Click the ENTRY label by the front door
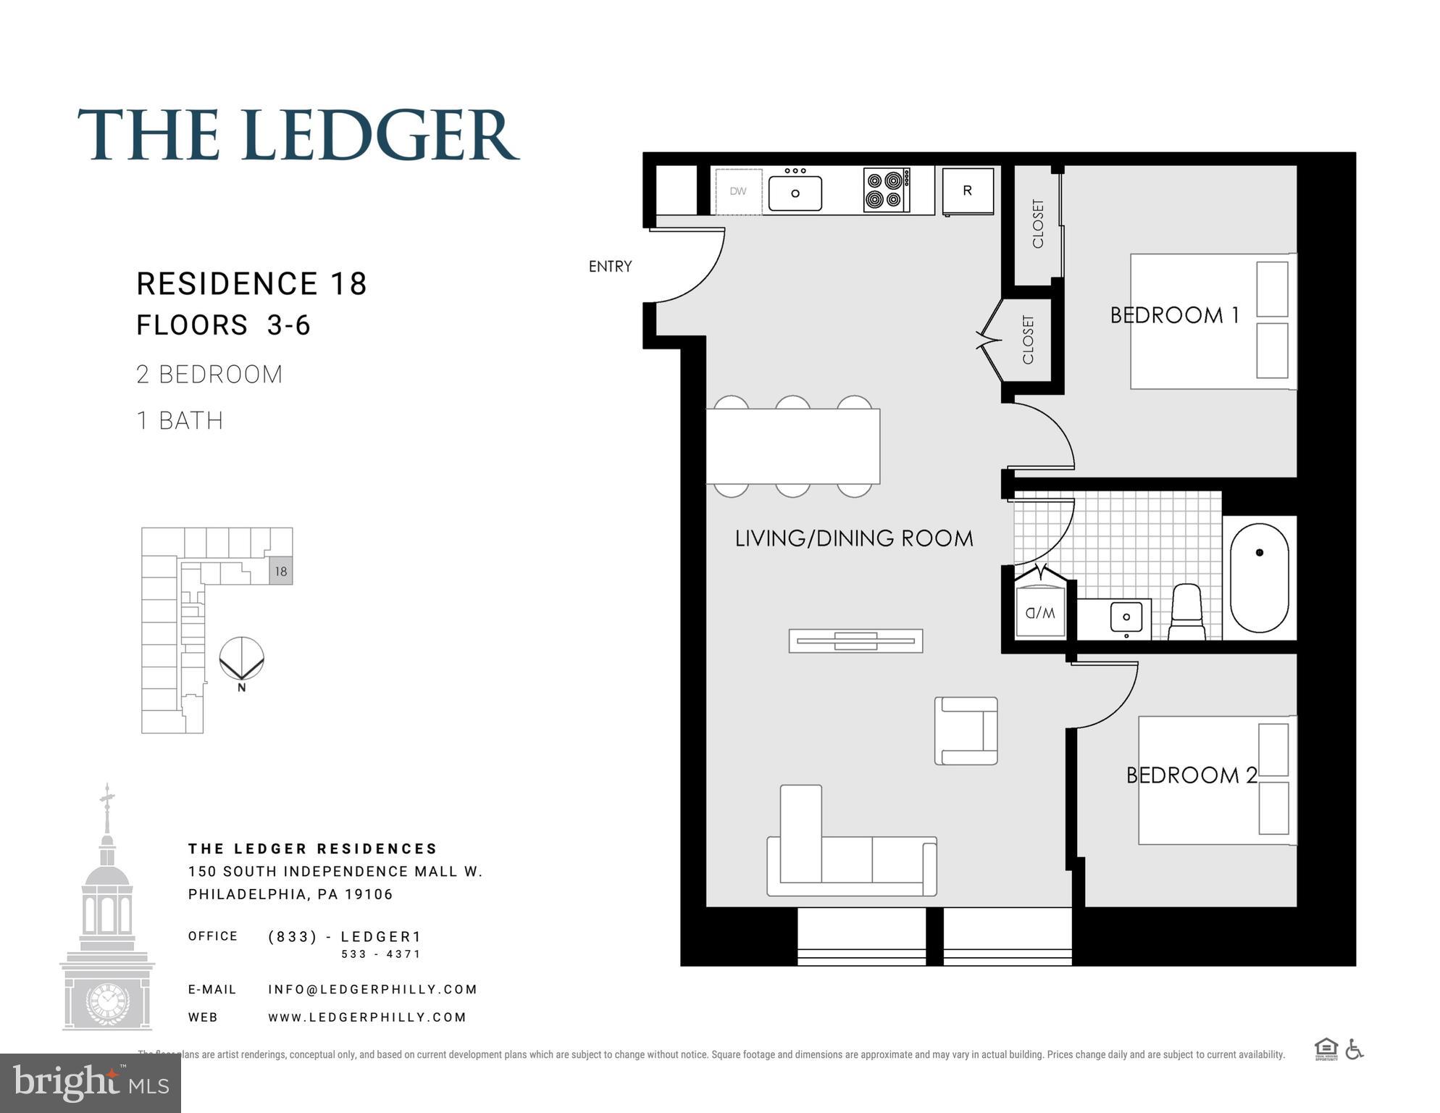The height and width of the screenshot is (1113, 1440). [610, 267]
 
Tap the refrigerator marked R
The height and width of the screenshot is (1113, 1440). [968, 191]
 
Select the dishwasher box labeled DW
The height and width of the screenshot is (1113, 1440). [738, 191]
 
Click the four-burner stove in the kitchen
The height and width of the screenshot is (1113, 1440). [887, 190]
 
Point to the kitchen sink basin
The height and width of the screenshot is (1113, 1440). [795, 193]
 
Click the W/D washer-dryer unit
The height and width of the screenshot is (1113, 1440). [1040, 612]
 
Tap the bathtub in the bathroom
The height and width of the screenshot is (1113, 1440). [1259, 578]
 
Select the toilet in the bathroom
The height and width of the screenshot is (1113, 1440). [1186, 612]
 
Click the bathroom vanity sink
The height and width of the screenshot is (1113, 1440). [1126, 617]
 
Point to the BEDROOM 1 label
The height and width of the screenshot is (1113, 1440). [1174, 315]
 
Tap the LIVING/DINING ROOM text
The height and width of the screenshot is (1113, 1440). [853, 538]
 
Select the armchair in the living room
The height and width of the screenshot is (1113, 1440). [966, 730]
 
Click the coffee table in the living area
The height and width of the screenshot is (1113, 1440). [855, 641]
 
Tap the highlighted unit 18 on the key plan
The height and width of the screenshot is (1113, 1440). [281, 571]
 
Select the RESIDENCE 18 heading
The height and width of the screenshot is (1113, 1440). [251, 284]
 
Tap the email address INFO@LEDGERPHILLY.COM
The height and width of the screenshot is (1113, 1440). [372, 989]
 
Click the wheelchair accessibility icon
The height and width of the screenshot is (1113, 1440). [1354, 1049]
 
